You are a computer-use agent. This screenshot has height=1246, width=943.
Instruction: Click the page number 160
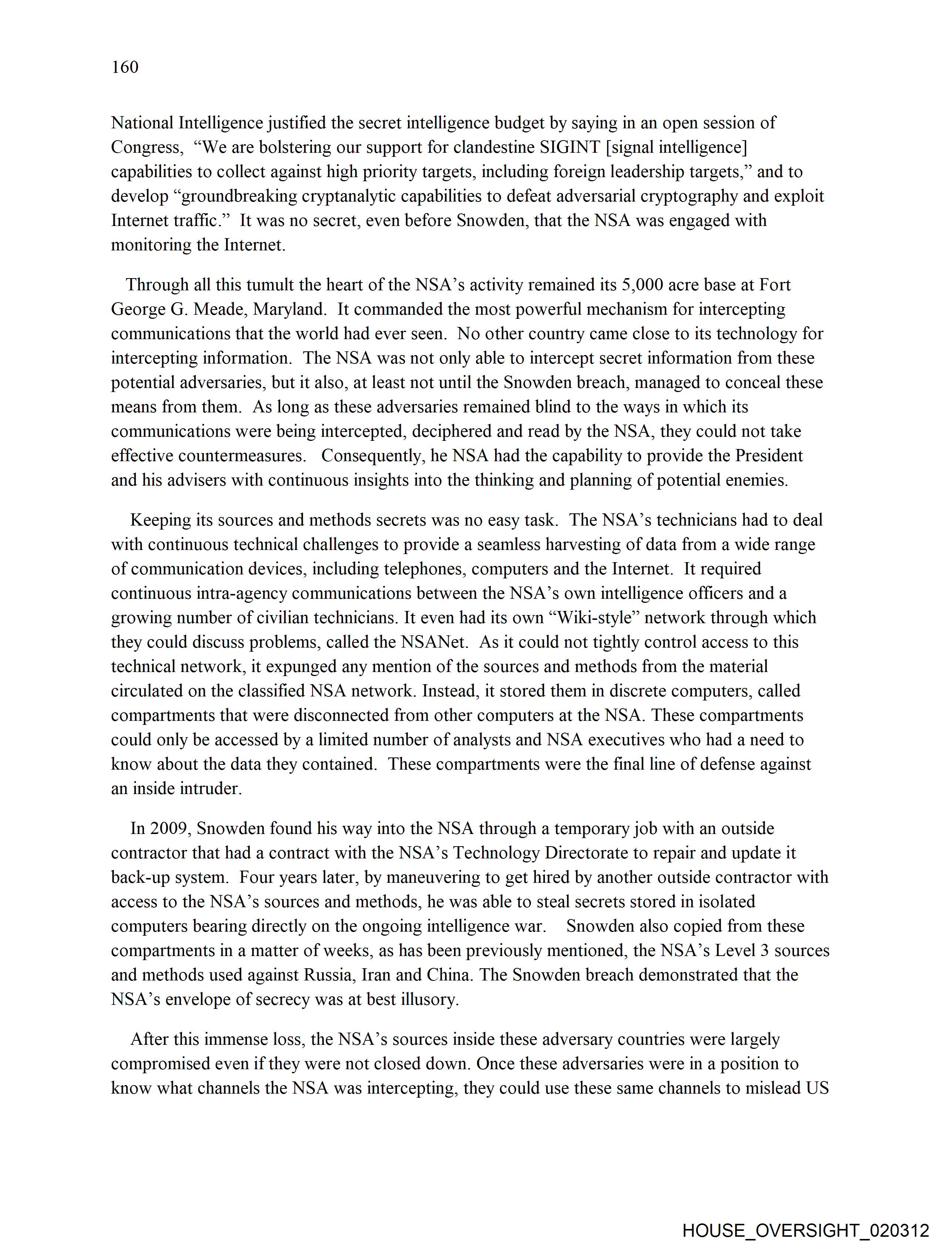coord(125,67)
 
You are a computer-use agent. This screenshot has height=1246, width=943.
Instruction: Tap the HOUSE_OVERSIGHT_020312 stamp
coord(805,1230)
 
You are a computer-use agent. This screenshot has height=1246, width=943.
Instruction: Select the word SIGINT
coord(570,147)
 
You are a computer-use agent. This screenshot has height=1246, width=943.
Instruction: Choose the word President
coord(769,456)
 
